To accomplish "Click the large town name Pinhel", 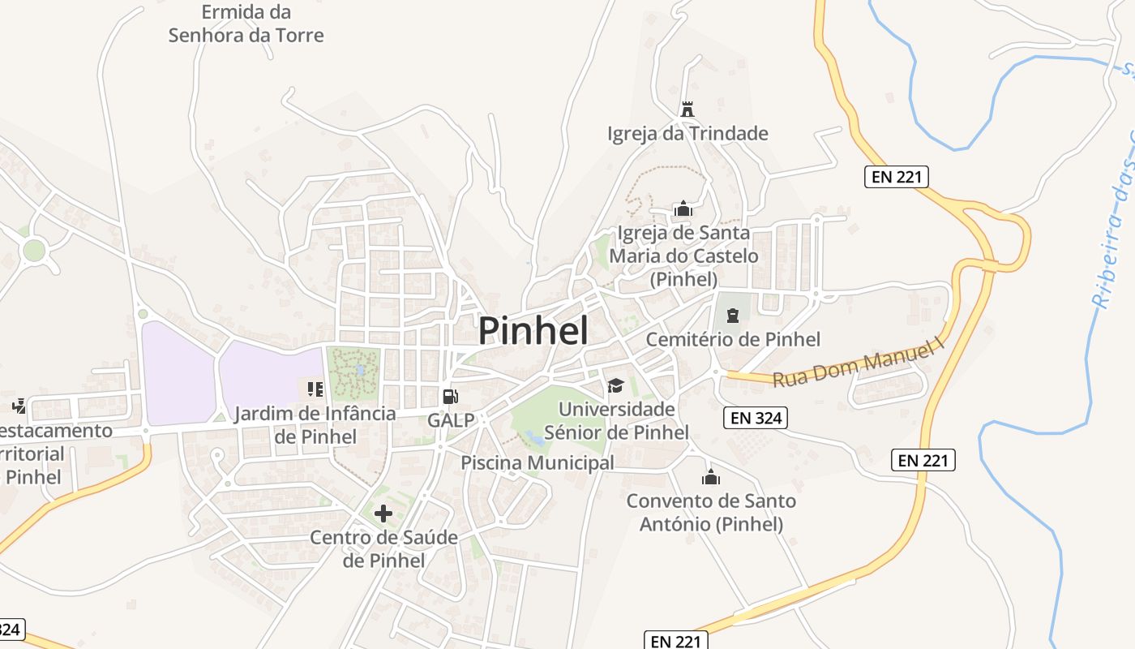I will click(533, 330).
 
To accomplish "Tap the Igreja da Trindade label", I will click(687, 133).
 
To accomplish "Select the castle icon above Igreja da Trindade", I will click(687, 109).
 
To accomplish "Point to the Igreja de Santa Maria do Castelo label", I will click(683, 256).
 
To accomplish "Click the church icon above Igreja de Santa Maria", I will click(683, 209).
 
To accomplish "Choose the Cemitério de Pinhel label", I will click(733, 339).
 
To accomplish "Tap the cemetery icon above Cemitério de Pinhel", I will click(733, 315).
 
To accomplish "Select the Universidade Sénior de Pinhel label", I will click(616, 420).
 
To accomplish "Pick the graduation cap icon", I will click(615, 385).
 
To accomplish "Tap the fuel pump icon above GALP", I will click(450, 397).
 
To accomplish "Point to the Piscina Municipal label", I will click(538, 462).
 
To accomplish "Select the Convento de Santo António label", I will click(711, 513).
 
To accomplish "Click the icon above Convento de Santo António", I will click(711, 477).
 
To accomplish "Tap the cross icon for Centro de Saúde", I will click(383, 513).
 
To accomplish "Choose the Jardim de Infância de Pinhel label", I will click(315, 425).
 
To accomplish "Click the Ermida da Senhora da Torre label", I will click(246, 24).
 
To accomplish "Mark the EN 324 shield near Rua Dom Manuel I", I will click(755, 418).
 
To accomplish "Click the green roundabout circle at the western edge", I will click(34, 250).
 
